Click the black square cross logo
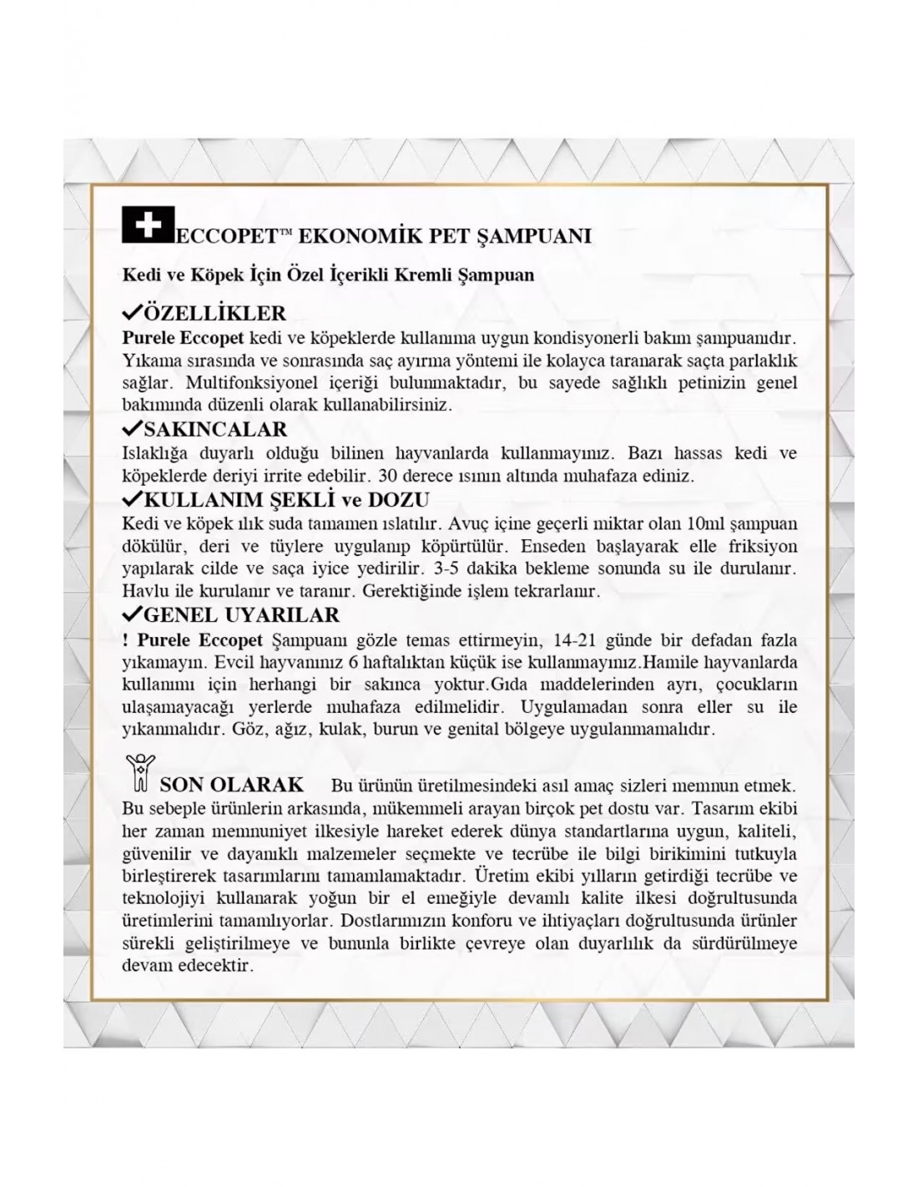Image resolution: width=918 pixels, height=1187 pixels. pos(148,226)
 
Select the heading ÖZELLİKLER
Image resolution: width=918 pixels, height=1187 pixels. pos(215,314)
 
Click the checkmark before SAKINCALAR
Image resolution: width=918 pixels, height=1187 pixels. pos(132,429)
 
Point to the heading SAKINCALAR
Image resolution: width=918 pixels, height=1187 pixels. pos(215,430)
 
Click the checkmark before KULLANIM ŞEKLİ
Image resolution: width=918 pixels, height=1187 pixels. pos(132,499)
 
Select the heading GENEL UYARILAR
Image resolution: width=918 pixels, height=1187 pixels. pos(242,615)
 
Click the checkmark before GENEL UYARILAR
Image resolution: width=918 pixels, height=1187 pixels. pos(132,614)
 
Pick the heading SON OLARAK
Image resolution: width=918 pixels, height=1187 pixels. pos(231,785)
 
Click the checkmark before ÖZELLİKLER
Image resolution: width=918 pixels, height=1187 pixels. pos(132,314)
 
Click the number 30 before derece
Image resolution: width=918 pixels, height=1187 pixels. pos(388,477)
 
